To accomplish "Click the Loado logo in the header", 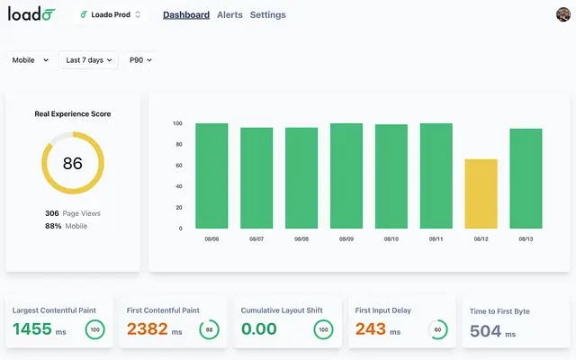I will [x=31, y=14].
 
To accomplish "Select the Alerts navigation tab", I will [x=229, y=15].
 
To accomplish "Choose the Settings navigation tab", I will [x=267, y=15].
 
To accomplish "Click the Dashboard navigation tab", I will [x=186, y=15].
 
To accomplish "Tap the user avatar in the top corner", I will [x=563, y=14].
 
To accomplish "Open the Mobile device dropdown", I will [x=30, y=60].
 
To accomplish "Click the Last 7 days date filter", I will [x=88, y=60].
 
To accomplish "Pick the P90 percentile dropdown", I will [x=140, y=60].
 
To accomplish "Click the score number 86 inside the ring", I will [x=73, y=164].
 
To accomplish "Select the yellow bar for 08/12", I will [x=481, y=193].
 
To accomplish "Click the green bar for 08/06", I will [x=211, y=175].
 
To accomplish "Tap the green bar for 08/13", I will [x=526, y=178].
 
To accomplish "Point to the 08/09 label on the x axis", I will [x=346, y=239].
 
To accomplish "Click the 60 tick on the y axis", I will [x=177, y=166].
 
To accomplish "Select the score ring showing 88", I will [x=209, y=329].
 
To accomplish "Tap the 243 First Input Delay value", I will [x=371, y=329].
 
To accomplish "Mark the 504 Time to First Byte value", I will [x=485, y=331].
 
